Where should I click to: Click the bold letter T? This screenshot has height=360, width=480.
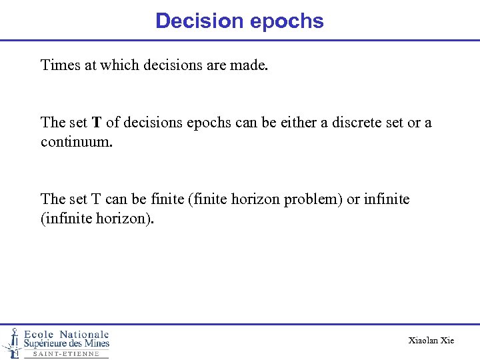pos(97,123)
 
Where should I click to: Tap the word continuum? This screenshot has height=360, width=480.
pos(71,142)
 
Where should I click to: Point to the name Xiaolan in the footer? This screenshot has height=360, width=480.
pos(423,341)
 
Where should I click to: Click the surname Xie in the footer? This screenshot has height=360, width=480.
pos(447,341)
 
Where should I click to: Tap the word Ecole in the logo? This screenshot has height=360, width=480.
pos(39,334)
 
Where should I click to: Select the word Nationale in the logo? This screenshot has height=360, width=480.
pos(85,334)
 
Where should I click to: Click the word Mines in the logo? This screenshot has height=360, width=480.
pos(96,343)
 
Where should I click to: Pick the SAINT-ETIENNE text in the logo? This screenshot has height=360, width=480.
pos(66,354)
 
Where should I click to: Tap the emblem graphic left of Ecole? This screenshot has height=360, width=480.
pos(12,342)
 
